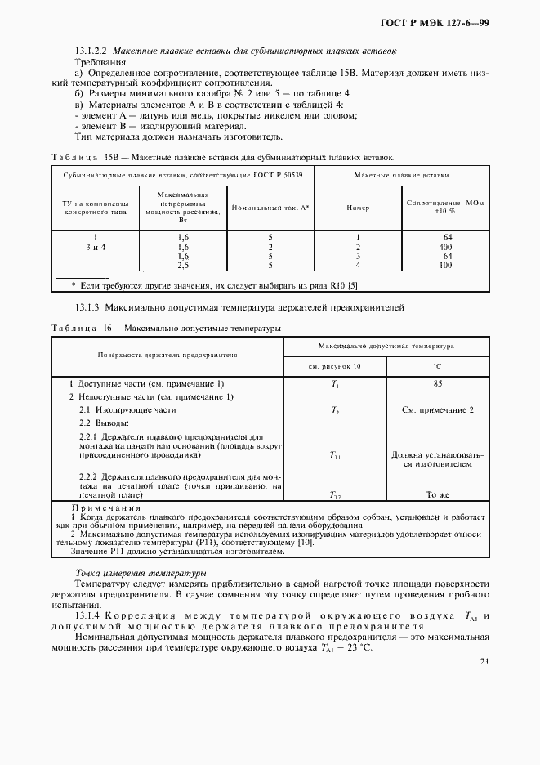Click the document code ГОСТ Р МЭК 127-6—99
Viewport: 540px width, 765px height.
tap(444, 23)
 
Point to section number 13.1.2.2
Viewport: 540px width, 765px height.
tap(91, 51)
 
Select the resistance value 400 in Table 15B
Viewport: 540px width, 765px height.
tap(445, 246)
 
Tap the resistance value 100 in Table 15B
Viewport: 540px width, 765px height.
tap(445, 266)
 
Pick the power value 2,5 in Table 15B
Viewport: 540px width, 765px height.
tap(183, 266)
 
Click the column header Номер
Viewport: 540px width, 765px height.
tap(357, 208)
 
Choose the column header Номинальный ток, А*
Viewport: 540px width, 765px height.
tap(269, 208)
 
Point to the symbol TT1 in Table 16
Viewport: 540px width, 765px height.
tap(335, 456)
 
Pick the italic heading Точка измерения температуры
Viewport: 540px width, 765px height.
tap(140, 573)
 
